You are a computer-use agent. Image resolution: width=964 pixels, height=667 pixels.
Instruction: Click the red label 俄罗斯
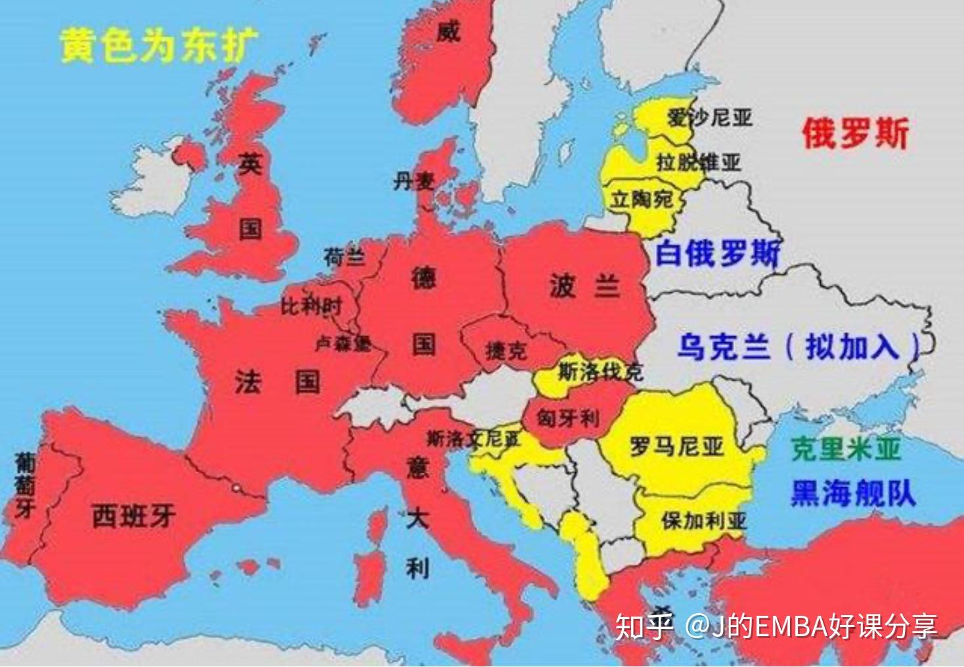[855, 134]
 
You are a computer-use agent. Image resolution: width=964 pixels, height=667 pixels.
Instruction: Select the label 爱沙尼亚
[709, 118]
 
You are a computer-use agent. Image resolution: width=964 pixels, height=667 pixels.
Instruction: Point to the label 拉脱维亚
[699, 161]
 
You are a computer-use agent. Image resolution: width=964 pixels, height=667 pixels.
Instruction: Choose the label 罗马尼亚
[676, 447]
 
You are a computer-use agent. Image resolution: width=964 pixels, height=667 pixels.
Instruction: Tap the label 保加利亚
[703, 521]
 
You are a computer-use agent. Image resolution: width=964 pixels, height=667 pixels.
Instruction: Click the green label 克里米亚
[846, 450]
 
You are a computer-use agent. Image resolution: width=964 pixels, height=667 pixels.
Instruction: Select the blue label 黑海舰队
[852, 492]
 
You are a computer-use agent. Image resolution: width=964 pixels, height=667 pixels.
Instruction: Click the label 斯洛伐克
[600, 372]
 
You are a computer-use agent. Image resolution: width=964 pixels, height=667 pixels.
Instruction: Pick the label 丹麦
[414, 181]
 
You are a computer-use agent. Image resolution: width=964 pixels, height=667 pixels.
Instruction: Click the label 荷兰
[344, 257]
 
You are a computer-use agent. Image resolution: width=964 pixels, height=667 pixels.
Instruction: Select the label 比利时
[311, 305]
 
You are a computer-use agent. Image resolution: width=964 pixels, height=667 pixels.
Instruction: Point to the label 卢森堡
[343, 343]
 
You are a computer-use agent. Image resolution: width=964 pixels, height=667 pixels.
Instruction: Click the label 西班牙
[133, 516]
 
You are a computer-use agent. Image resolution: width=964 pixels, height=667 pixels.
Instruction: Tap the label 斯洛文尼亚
[473, 439]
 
